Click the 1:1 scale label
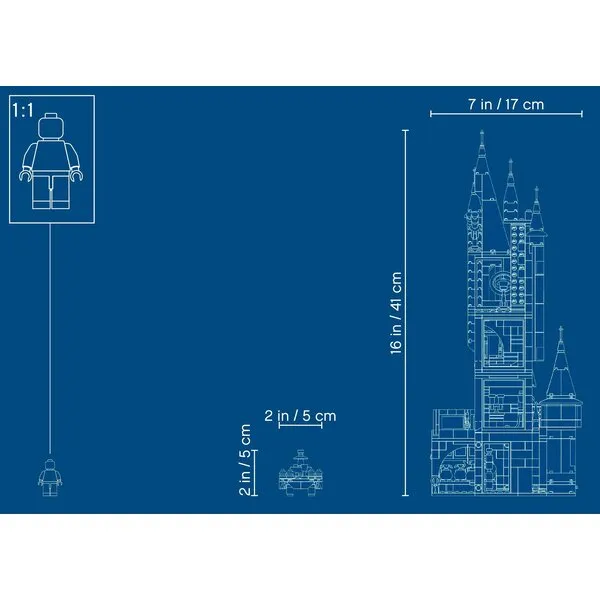click(x=23, y=110)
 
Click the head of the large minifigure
click(x=51, y=126)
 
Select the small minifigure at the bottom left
click(x=50, y=477)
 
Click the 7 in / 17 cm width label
click(x=506, y=104)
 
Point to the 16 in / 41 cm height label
click(x=396, y=313)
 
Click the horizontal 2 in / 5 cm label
click(x=300, y=416)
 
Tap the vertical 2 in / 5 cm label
click(x=245, y=460)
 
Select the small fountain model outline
click(x=300, y=473)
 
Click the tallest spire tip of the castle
click(x=482, y=130)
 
